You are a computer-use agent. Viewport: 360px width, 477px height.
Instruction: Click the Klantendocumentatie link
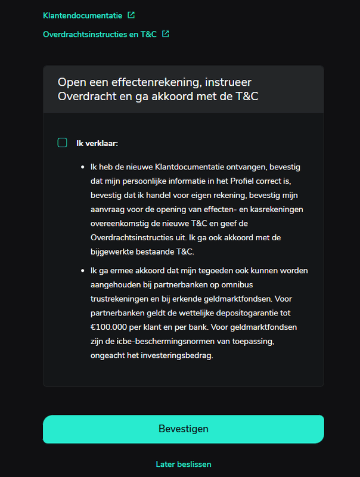81,15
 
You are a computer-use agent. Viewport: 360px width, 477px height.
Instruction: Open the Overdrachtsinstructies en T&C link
100,35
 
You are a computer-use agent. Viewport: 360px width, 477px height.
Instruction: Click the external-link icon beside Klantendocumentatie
131,15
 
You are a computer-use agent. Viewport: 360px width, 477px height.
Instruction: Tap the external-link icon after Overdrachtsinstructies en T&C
166,34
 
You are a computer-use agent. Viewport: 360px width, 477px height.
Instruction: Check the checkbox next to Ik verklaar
63,143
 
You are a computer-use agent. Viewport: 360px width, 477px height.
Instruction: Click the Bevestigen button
183,429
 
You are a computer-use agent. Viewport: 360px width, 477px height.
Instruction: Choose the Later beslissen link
183,464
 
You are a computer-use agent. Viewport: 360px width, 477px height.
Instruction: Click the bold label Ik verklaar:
97,143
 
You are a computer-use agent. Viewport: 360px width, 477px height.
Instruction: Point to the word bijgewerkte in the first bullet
113,251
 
